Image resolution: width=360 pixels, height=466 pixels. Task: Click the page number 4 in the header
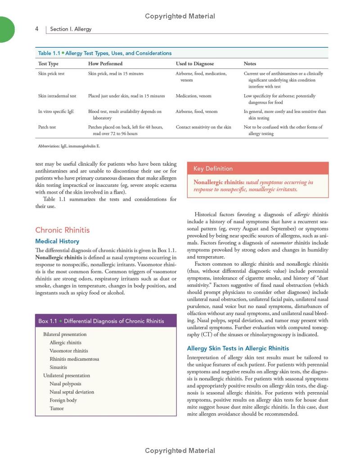[36, 29]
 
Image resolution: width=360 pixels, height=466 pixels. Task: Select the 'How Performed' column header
[105, 64]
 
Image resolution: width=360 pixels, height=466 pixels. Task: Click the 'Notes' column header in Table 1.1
[250, 64]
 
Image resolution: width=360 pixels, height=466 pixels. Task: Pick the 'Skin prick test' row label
[51, 73]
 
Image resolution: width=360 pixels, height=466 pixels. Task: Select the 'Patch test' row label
[47, 127]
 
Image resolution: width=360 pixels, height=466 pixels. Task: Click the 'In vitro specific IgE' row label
[56, 111]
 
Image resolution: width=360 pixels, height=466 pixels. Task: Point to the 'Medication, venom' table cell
[193, 96]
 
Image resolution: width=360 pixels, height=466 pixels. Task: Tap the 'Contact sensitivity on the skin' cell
[203, 127]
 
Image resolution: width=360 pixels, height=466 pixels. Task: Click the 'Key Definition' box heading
[213, 169]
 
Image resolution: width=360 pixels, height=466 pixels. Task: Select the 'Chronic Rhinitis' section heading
[62, 230]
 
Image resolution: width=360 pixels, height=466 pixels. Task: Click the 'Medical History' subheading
[57, 241]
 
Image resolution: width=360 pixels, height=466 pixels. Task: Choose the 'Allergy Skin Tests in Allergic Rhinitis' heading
[238, 348]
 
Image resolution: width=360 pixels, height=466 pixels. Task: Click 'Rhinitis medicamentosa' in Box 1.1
[74, 359]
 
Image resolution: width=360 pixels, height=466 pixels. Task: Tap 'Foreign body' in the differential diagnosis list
[63, 400]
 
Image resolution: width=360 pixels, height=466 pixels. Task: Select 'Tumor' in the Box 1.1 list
[57, 408]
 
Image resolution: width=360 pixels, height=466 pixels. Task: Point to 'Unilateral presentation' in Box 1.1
[67, 376]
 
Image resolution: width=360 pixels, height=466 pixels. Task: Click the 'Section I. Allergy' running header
[71, 29]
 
